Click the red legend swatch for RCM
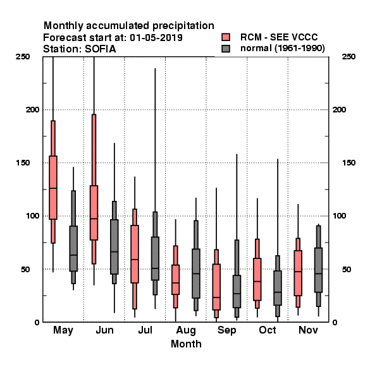click(x=226, y=37)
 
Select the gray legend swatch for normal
click(x=226, y=49)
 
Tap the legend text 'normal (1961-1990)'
click(x=282, y=49)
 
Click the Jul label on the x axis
click(x=145, y=330)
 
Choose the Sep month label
click(x=226, y=330)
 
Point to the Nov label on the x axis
click(x=308, y=330)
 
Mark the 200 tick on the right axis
click(x=339, y=109)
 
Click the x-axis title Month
click(x=186, y=344)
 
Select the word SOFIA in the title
click(x=100, y=49)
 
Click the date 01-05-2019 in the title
click(x=156, y=38)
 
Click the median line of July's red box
click(x=135, y=260)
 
